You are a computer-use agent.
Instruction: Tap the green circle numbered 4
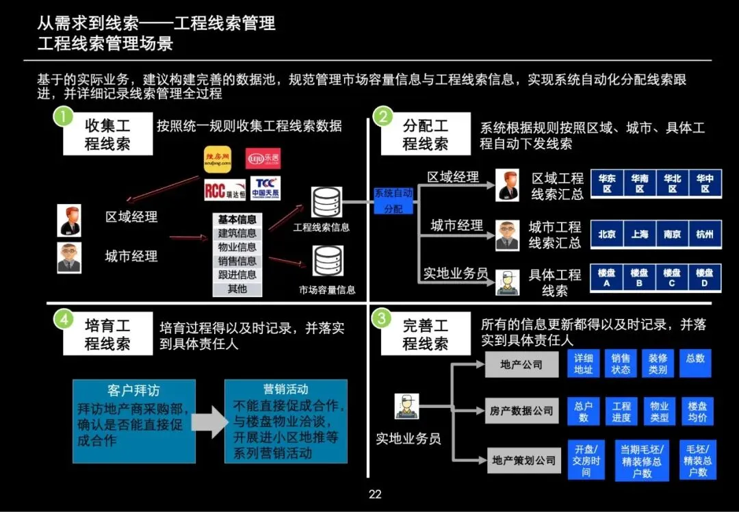click(63, 318)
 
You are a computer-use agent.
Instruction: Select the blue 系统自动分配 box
click(393, 201)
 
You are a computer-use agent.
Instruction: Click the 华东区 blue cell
click(606, 183)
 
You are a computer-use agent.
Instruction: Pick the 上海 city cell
click(639, 234)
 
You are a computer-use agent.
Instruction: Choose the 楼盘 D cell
click(705, 278)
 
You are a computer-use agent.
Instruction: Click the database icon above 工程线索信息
click(326, 203)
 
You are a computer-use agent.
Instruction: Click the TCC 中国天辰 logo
click(265, 188)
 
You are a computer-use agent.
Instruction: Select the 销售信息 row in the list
click(237, 261)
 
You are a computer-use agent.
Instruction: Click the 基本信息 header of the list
click(237, 220)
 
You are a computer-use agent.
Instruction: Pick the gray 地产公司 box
click(521, 365)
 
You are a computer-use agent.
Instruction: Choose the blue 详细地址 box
click(584, 363)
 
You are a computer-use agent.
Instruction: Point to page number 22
click(374, 494)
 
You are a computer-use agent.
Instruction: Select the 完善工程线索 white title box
click(425, 335)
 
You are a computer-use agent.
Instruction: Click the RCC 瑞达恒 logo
click(224, 189)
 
